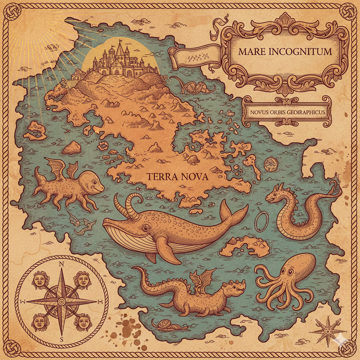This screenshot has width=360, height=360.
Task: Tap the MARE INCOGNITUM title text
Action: pyautogui.click(x=285, y=52)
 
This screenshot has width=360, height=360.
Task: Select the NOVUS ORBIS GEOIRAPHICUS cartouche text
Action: pyautogui.click(x=287, y=112)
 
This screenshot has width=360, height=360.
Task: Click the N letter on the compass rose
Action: pyautogui.click(x=61, y=264)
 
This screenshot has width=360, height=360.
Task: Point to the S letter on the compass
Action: pyautogui.click(x=61, y=339)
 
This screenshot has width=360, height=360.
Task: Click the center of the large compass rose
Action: pyautogui.click(x=61, y=302)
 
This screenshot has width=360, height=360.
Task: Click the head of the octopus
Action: pyautogui.click(x=302, y=264)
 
